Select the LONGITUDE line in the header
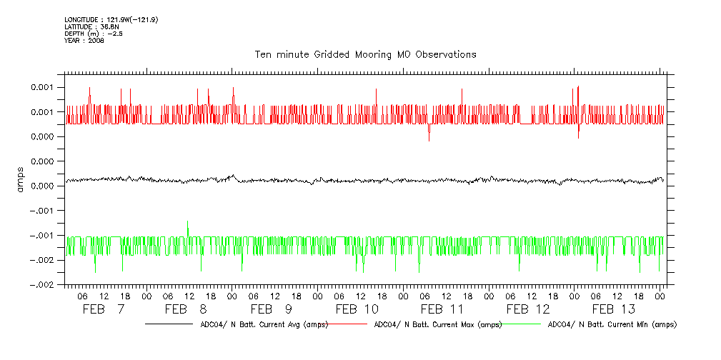(111, 19)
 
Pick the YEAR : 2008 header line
(84, 41)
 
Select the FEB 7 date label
(104, 309)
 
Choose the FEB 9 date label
(272, 309)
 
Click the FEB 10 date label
(357, 309)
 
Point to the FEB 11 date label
(442, 309)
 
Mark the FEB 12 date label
(528, 309)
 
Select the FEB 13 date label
(613, 309)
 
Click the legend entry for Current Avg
(260, 324)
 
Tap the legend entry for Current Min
(612, 324)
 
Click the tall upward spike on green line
(187, 223)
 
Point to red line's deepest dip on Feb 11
(429, 140)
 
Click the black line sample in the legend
(168, 324)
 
